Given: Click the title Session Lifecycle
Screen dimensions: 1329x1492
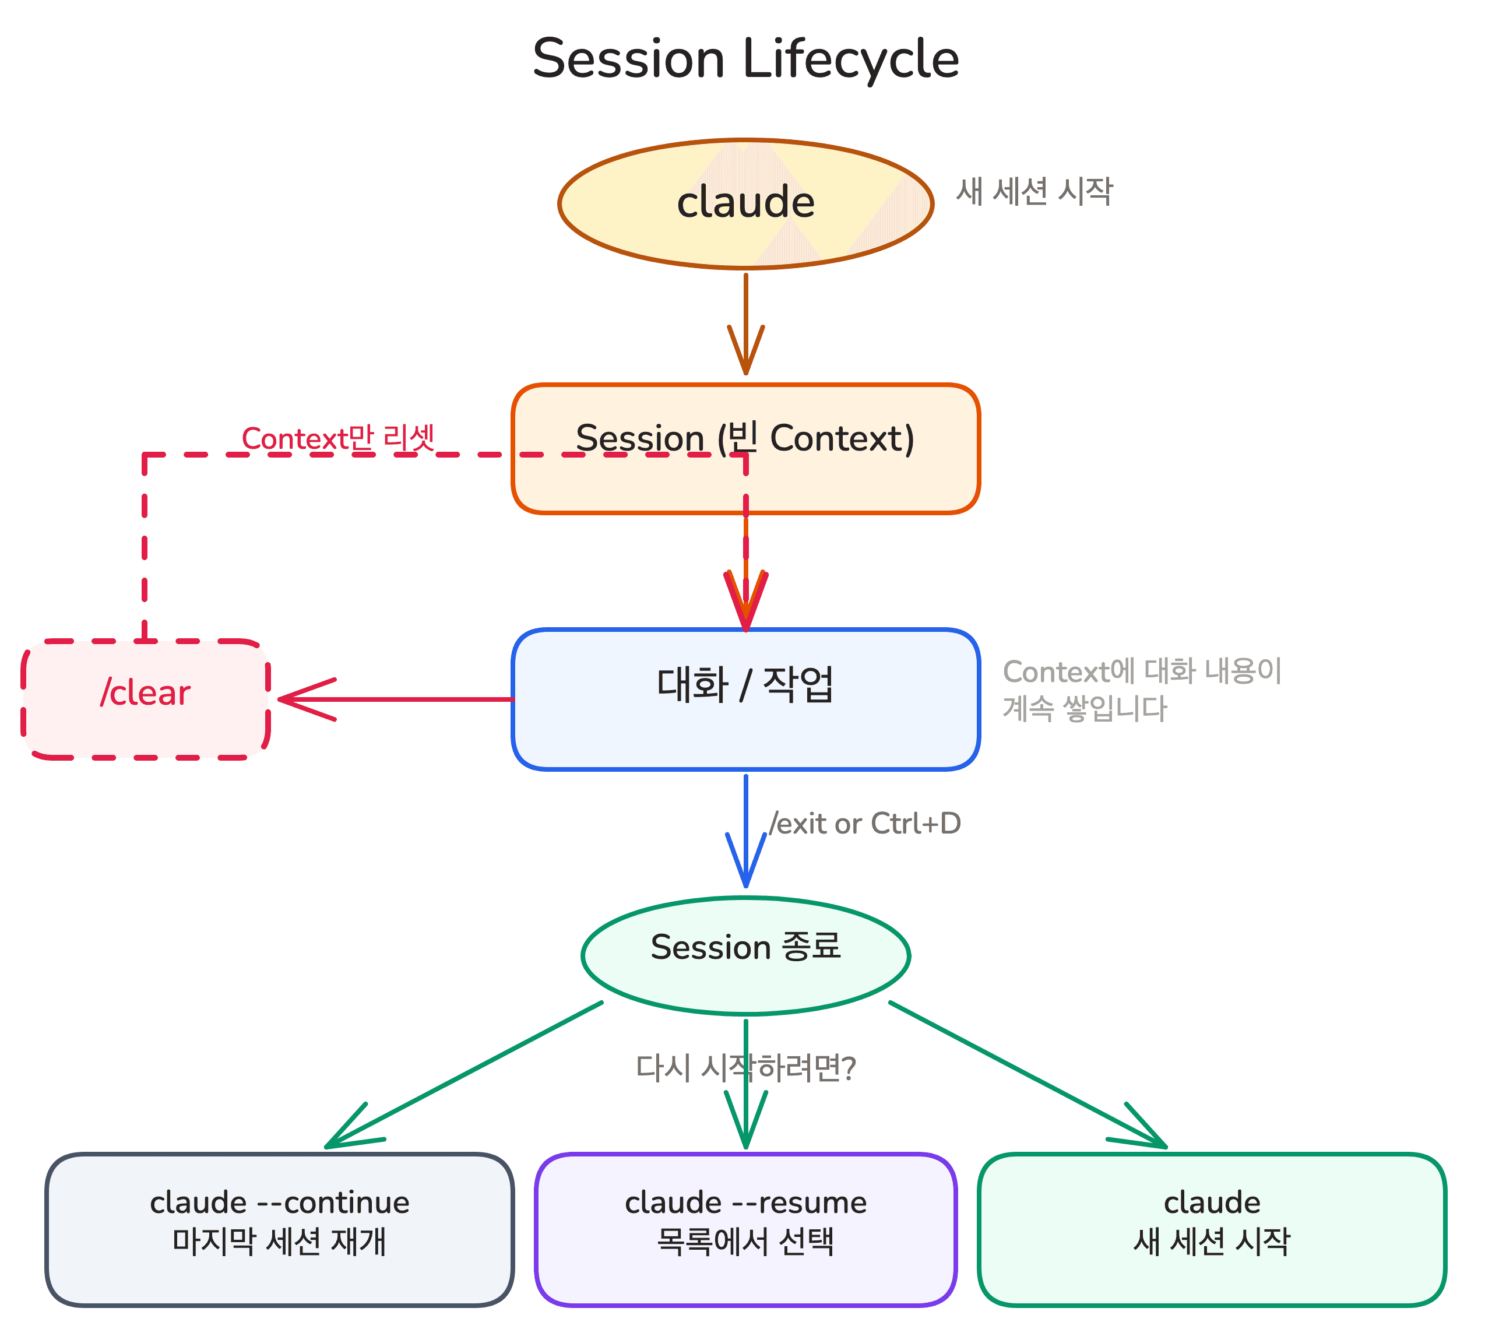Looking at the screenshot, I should click(x=745, y=58).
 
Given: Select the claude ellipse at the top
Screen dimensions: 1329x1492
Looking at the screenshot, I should click(x=745, y=203).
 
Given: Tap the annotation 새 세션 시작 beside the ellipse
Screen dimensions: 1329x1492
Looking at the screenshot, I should click(x=1033, y=191).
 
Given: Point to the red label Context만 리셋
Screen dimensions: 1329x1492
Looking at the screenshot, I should click(x=338, y=438).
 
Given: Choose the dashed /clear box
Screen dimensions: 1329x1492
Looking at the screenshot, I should click(x=145, y=699).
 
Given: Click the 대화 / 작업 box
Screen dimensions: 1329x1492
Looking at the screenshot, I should click(x=745, y=698).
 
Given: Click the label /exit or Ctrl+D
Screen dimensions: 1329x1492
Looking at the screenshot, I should click(x=865, y=823).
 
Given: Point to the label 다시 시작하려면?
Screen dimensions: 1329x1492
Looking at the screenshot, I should click(x=745, y=1068).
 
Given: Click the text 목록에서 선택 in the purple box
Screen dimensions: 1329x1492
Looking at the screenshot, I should click(x=745, y=1242).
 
